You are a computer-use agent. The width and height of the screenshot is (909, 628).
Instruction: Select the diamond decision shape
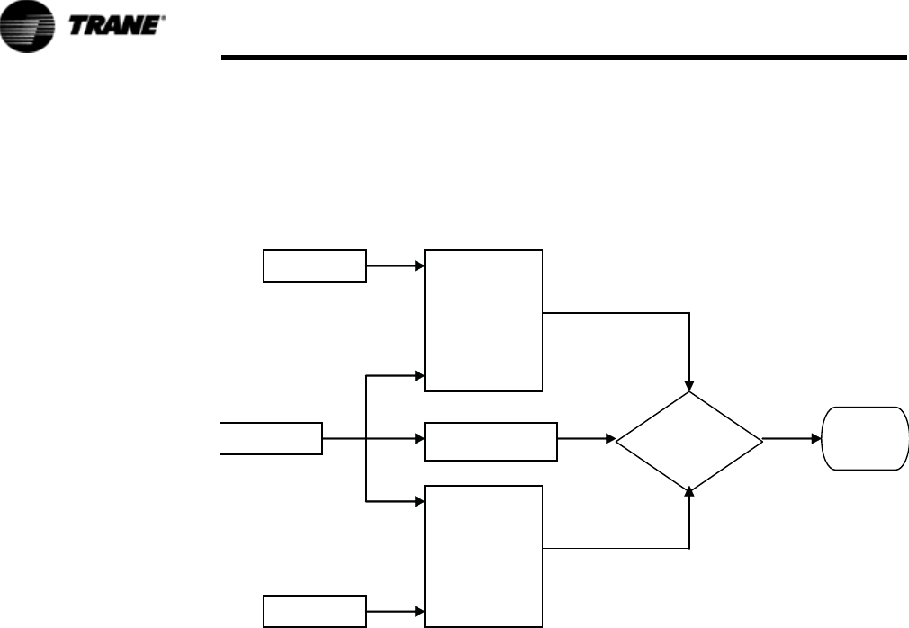pyautogui.click(x=689, y=440)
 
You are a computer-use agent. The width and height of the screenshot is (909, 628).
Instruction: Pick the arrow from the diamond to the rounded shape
pyautogui.click(x=792, y=440)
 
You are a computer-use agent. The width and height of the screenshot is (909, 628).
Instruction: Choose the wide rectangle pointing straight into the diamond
pyautogui.click(x=490, y=440)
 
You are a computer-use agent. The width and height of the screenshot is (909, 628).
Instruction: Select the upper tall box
pyautogui.click(x=483, y=320)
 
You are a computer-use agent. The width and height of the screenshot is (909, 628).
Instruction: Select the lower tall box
pyautogui.click(x=483, y=555)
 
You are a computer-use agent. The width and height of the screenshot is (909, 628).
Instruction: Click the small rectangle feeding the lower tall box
pyautogui.click(x=315, y=610)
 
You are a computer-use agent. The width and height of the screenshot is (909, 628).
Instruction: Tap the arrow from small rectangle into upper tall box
pyautogui.click(x=395, y=266)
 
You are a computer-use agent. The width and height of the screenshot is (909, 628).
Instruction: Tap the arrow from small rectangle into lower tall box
pyautogui.click(x=395, y=610)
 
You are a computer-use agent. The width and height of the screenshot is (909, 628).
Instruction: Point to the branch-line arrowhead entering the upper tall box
pyautogui.click(x=418, y=374)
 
